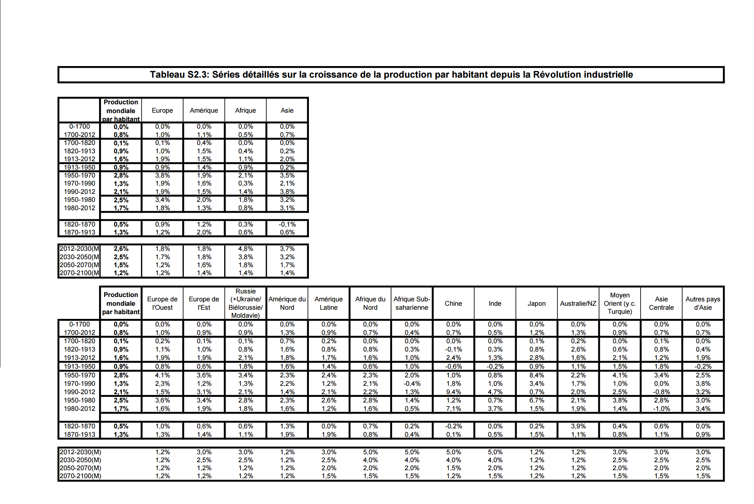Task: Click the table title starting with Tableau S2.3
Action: tap(391, 74)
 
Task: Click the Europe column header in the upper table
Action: tap(162, 110)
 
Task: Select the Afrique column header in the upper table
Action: tap(245, 110)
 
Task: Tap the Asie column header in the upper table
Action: tap(287, 110)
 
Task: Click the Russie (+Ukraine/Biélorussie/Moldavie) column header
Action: tap(245, 303)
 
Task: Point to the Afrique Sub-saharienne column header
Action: tap(412, 303)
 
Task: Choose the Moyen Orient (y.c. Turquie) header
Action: tap(619, 303)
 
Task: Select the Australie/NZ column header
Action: tap(578, 303)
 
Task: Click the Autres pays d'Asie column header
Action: tap(703, 303)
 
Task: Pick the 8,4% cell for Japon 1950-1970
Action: tap(536, 375)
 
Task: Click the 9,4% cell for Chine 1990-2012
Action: tap(453, 392)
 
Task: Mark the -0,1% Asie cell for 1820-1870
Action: tap(287, 224)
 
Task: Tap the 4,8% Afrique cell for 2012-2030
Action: tap(245, 248)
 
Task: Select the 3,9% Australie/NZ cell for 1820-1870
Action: tap(578, 426)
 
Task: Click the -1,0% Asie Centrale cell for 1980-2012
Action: tap(661, 408)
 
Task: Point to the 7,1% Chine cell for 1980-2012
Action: tap(453, 408)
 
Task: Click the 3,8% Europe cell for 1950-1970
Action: tap(162, 175)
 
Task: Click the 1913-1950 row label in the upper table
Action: tap(80, 167)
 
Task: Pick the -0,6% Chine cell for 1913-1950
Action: tap(453, 366)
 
